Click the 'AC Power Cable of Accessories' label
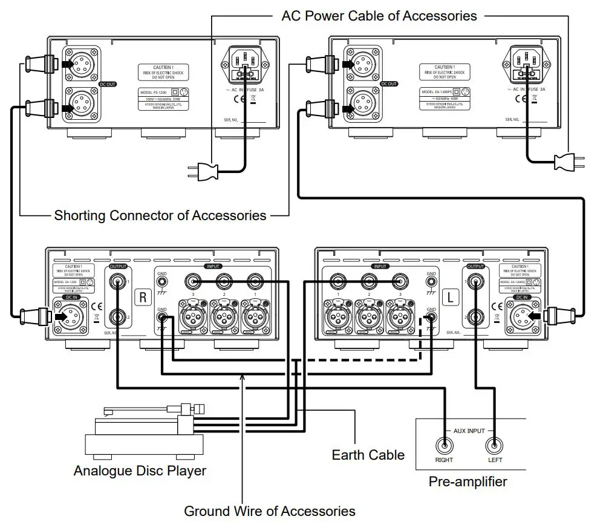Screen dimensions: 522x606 point(379,16)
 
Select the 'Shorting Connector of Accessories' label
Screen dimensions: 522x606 point(160,215)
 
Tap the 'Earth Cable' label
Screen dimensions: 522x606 point(368,454)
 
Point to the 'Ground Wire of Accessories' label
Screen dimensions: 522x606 point(269,511)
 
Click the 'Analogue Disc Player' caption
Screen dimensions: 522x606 point(140,470)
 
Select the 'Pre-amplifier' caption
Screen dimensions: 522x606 point(468,482)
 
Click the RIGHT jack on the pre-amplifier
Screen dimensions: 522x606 point(444,446)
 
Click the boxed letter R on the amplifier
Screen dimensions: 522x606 point(143,297)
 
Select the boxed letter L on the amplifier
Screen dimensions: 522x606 point(450,297)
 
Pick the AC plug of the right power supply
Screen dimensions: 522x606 point(568,161)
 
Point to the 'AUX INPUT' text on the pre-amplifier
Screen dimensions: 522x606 point(469,431)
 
